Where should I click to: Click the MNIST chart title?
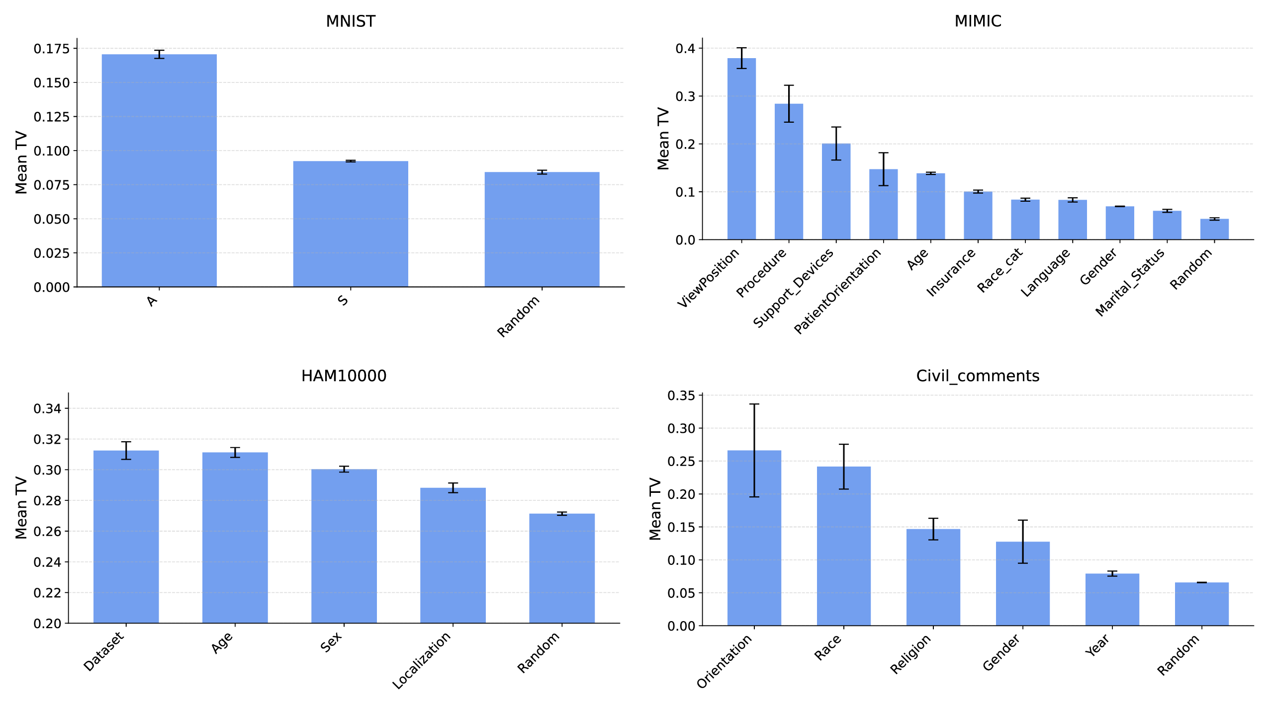pos(351,21)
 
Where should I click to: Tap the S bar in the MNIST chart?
pos(351,224)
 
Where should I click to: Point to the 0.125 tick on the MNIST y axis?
pos(51,117)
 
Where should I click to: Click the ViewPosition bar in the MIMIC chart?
pos(741,149)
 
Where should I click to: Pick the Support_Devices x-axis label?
pos(794,288)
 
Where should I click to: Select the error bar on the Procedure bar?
pos(789,103)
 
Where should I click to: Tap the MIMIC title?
pos(978,21)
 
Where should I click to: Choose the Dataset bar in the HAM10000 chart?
pos(126,537)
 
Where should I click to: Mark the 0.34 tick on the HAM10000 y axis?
pos(47,409)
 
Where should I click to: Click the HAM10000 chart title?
pos(344,376)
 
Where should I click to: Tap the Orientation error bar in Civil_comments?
pos(754,450)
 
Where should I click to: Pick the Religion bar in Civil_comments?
pos(933,577)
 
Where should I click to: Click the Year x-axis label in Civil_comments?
pos(1097,645)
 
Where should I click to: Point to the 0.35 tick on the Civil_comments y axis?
pos(681,396)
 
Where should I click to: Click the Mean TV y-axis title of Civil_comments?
pos(655,509)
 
